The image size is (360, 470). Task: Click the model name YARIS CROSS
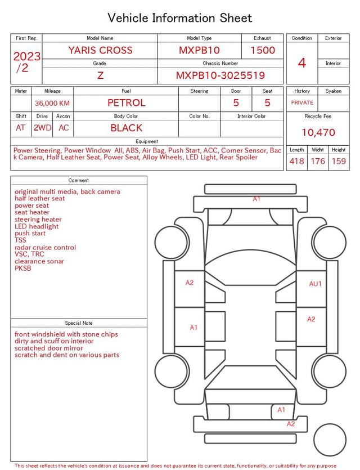(x=100, y=50)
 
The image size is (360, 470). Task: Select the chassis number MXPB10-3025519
(x=220, y=75)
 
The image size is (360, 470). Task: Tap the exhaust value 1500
(x=262, y=50)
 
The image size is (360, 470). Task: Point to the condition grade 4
(x=302, y=63)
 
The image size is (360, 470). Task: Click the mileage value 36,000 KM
(x=52, y=104)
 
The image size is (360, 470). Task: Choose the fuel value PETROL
(x=126, y=103)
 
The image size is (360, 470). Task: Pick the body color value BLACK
(x=126, y=128)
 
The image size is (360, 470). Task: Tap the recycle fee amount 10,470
(x=318, y=132)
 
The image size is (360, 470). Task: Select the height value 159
(x=339, y=161)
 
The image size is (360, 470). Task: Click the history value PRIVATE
(x=302, y=102)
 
